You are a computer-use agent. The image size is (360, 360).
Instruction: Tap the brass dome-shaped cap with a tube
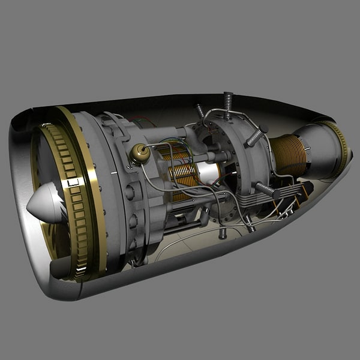pos(140,154)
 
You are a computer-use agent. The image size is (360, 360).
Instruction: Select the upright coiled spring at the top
pos(228,105)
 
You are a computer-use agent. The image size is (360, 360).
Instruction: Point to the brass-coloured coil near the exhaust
pos(289,155)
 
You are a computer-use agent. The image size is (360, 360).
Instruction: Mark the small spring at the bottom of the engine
pos(223,233)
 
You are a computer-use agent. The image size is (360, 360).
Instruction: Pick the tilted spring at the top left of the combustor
pos(200,111)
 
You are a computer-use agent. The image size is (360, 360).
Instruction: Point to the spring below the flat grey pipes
pos(248,222)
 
